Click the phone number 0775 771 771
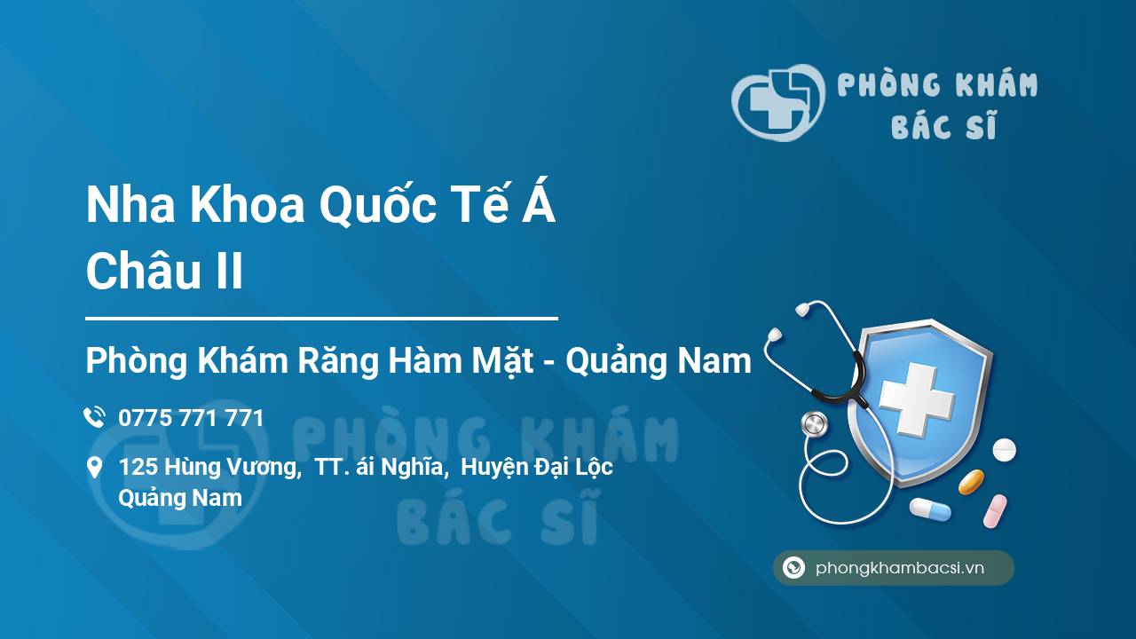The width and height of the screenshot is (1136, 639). [191, 418]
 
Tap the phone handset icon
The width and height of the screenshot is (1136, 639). [95, 417]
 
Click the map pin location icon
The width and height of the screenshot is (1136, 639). [95, 468]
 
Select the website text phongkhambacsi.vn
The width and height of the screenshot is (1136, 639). [900, 568]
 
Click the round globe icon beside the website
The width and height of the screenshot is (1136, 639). [793, 567]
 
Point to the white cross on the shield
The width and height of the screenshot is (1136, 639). [917, 399]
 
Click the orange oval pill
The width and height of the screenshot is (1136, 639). [971, 482]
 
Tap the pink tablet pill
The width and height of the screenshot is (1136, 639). [995, 511]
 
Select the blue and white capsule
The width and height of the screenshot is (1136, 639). [930, 509]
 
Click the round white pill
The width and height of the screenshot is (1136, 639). [1004, 450]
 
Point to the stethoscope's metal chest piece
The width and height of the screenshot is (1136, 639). [814, 424]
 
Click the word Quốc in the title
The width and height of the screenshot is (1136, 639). [378, 205]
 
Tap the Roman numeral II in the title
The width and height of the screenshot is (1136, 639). [230, 272]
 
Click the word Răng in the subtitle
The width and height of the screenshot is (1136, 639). [338, 361]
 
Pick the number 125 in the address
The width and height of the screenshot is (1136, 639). [137, 467]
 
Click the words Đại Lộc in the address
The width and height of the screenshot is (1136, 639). [572, 468]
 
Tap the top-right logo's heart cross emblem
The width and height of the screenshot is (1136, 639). [777, 102]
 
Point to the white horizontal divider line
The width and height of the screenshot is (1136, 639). [321, 319]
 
